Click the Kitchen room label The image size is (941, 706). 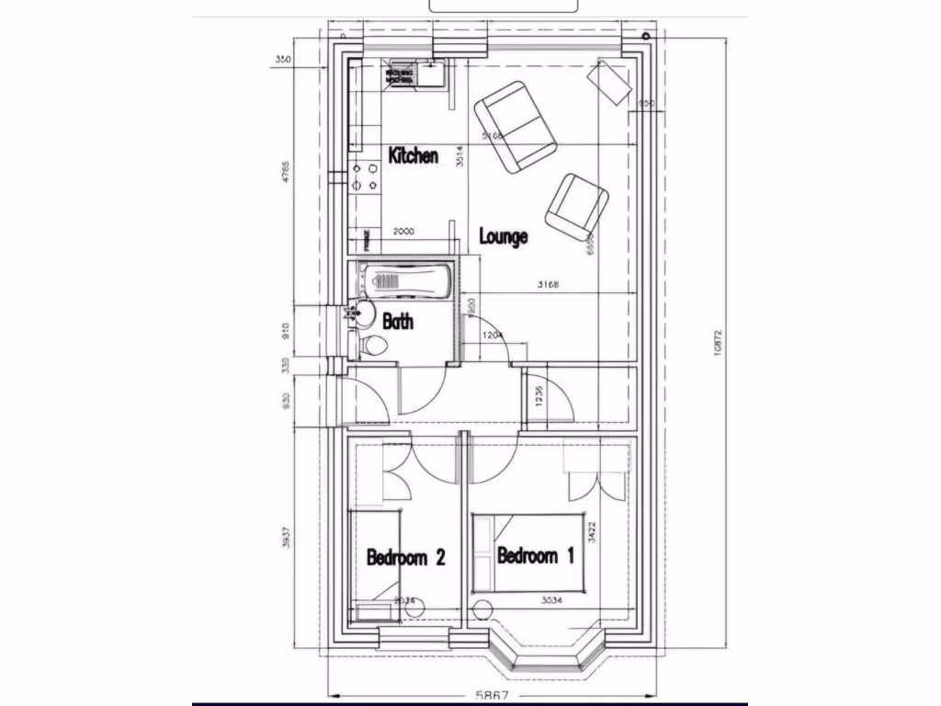[413, 155]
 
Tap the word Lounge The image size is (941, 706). [504, 236]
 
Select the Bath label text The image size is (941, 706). [398, 322]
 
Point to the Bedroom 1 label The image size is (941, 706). [536, 555]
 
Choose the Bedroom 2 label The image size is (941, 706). [406, 557]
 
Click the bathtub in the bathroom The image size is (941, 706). [405, 278]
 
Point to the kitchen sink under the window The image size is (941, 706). [429, 74]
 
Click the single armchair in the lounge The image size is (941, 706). [576, 207]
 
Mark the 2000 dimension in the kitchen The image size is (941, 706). [402, 233]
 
